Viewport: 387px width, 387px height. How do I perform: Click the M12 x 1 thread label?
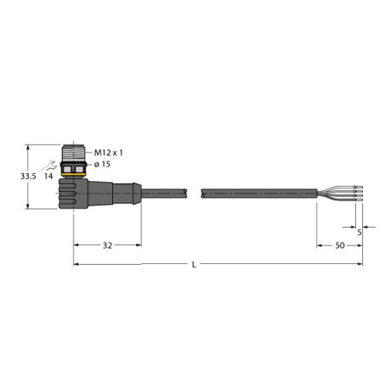click(x=108, y=152)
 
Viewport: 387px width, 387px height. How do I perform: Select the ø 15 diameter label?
click(x=102, y=164)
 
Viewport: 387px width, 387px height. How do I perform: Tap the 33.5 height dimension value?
click(x=29, y=176)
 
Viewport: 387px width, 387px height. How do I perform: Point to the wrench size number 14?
click(x=48, y=176)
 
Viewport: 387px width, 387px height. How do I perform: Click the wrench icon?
click(x=49, y=166)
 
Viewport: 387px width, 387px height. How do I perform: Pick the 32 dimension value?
click(x=108, y=245)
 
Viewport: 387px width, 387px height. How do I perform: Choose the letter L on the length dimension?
click(x=194, y=265)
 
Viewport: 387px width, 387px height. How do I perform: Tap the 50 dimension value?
click(x=340, y=245)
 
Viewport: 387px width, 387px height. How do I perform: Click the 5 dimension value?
click(x=359, y=232)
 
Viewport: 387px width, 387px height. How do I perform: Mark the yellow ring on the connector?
click(x=74, y=176)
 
